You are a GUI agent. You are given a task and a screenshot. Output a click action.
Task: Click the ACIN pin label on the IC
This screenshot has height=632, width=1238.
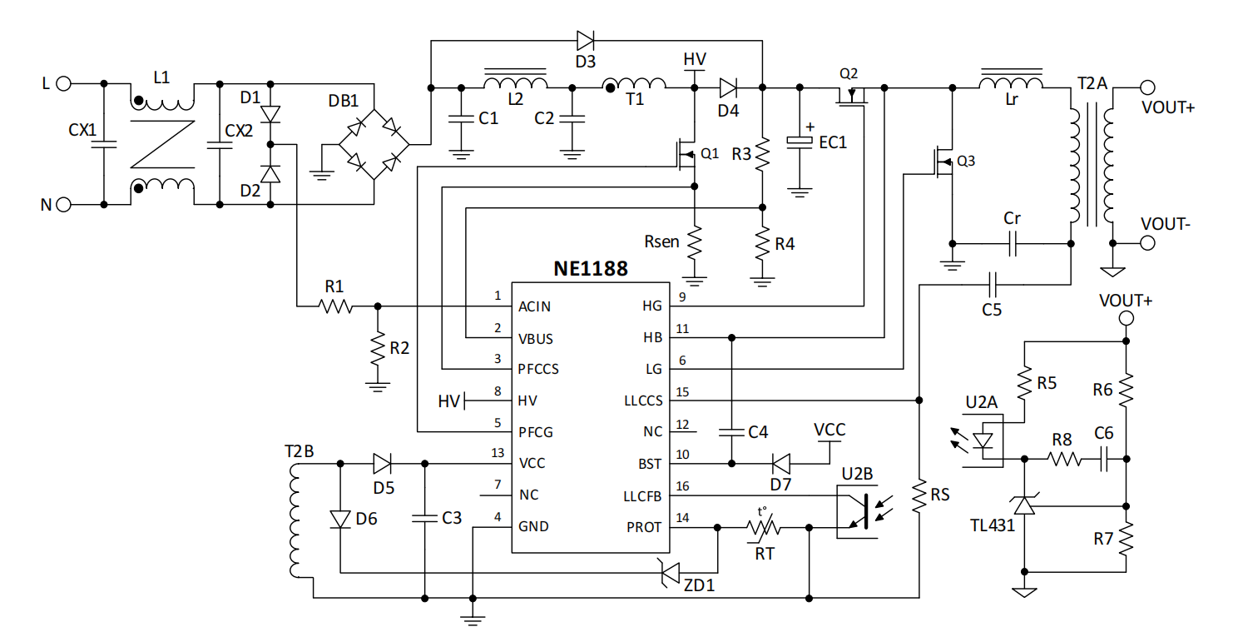[x=534, y=306]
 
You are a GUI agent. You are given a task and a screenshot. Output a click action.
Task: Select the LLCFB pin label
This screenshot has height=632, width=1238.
[x=642, y=495]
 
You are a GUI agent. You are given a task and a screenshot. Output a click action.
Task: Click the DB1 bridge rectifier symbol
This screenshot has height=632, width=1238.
[x=374, y=142]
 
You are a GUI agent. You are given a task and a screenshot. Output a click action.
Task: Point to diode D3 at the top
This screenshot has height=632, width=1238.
[x=585, y=39]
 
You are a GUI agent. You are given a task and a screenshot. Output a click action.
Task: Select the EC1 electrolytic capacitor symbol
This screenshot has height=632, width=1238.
[x=800, y=142]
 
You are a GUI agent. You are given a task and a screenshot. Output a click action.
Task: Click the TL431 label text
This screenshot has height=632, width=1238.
[x=991, y=525]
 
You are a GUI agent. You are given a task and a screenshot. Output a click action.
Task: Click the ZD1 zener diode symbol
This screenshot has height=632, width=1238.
[x=671, y=573]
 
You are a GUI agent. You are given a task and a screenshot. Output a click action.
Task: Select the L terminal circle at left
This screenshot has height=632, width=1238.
[x=64, y=83]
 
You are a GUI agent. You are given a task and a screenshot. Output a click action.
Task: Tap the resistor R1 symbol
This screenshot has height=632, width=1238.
[x=335, y=306]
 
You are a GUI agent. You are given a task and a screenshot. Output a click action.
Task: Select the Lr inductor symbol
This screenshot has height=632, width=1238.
[x=1011, y=84]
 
